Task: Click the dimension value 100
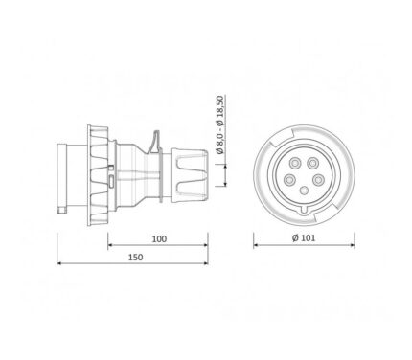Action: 159,238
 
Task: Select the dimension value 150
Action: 136,257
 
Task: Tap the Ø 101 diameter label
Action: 304,237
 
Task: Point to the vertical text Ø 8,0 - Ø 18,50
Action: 220,124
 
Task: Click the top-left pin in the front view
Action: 294,164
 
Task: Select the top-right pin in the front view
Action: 312,164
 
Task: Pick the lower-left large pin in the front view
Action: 289,180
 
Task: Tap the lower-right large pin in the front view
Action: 317,180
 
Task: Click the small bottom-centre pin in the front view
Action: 304,191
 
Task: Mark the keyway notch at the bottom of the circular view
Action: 304,210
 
